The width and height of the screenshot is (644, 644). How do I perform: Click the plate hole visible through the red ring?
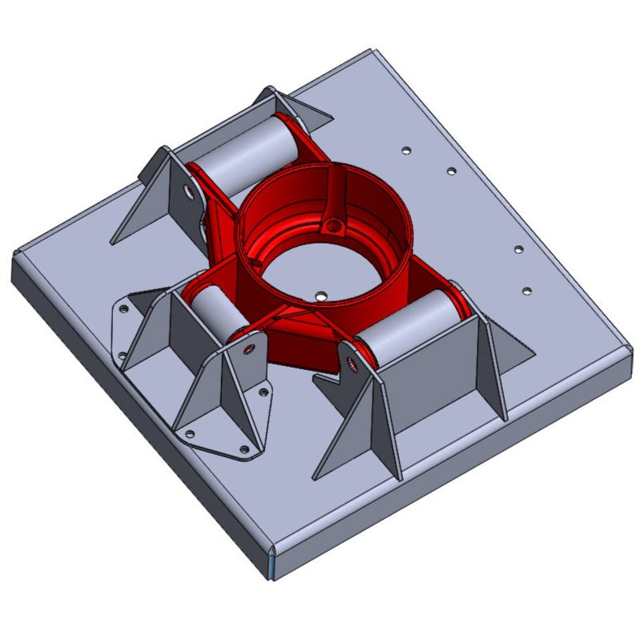tap(320, 296)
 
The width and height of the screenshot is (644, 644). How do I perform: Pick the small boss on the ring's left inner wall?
tap(256, 260)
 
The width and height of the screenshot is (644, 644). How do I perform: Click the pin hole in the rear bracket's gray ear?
tap(188, 192)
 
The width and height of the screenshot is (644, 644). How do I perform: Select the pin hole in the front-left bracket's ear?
tap(249, 350)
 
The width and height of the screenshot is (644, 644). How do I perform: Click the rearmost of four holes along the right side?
tap(406, 150)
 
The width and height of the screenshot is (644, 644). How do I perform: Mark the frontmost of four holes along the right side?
tap(526, 291)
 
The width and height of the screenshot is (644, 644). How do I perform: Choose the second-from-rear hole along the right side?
tap(451, 171)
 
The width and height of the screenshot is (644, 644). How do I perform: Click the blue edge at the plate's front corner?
tap(271, 566)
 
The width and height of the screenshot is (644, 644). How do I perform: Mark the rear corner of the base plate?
tap(369, 51)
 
